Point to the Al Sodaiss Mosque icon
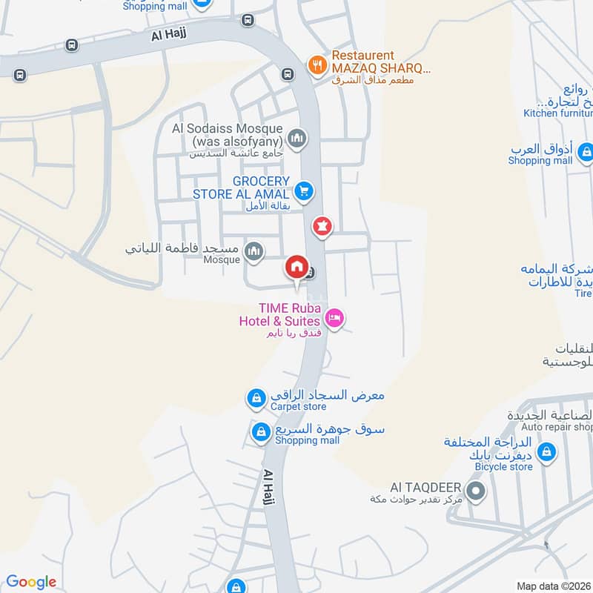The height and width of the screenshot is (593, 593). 297,139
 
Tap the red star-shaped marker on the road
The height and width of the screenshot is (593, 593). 322,227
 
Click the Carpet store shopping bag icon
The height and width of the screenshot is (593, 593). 256,399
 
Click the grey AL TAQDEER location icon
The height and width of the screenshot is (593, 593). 476,491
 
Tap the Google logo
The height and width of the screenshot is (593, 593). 31,582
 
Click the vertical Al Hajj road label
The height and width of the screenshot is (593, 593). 270,490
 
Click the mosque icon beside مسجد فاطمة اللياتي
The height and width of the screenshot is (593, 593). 254,252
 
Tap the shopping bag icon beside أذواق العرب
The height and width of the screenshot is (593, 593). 586,154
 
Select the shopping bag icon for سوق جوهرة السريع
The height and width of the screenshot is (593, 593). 260,431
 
